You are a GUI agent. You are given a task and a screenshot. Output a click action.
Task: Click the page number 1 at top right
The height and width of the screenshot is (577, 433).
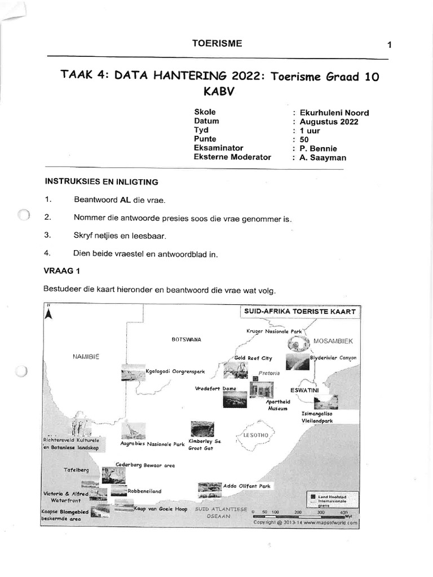tap(390, 46)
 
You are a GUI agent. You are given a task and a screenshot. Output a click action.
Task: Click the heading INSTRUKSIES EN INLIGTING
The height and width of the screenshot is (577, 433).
tap(101, 182)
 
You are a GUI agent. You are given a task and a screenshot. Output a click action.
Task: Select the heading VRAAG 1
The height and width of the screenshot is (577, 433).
tap(62, 270)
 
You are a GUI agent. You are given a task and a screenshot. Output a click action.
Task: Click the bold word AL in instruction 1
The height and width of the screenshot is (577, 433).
tap(123, 201)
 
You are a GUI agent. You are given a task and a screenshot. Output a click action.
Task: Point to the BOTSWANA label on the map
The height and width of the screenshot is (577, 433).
tap(186, 340)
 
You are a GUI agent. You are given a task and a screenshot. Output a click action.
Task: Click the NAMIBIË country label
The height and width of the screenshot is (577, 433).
tap(86, 356)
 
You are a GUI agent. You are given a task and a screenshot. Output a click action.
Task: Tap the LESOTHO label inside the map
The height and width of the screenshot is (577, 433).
tap(257, 435)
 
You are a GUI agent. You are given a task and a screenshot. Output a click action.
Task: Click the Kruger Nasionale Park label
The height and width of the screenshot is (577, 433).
tap(275, 332)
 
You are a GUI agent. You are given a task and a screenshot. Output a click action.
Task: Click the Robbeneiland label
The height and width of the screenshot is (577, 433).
tap(144, 491)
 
